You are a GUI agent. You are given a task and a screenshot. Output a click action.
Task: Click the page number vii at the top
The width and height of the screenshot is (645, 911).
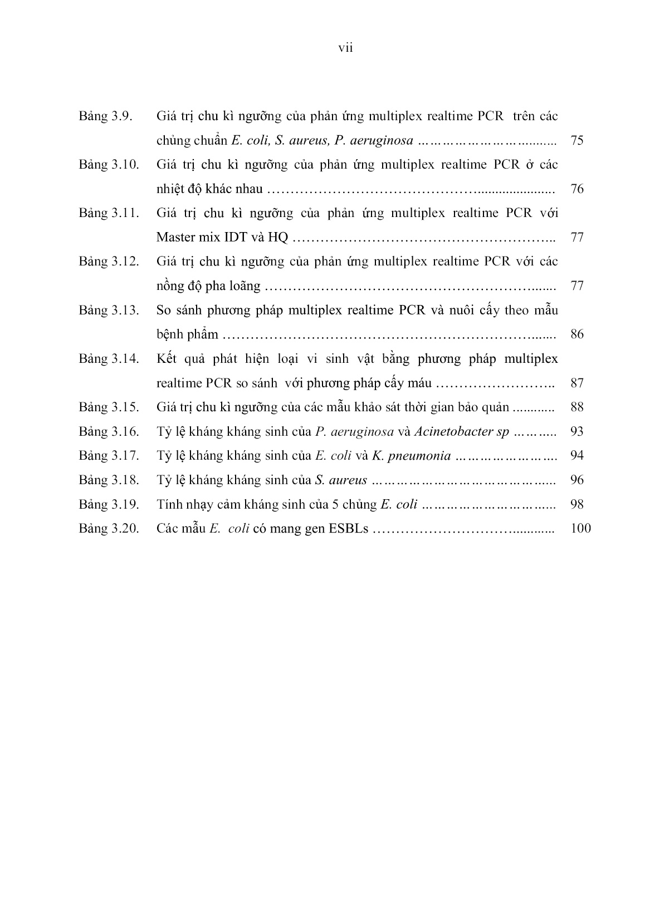[x=346, y=48]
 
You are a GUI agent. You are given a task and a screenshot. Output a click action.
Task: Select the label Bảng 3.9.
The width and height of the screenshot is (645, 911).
[x=104, y=116]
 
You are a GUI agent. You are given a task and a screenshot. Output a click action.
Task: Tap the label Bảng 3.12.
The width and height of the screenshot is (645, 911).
[x=109, y=261]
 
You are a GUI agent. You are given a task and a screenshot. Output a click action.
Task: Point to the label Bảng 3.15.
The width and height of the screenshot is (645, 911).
[x=109, y=407]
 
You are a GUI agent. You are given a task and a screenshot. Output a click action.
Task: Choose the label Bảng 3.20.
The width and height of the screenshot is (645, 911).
[x=109, y=528]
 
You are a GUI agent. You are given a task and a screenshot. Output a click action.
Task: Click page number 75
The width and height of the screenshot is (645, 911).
[x=577, y=140]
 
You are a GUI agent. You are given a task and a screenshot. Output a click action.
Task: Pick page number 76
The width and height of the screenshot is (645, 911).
[x=577, y=189]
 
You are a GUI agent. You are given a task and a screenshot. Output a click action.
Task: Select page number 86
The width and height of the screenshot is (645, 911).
[x=577, y=334]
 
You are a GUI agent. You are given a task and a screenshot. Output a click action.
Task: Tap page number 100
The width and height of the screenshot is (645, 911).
[x=581, y=528]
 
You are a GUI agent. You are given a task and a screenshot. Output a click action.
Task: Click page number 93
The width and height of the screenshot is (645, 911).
[x=577, y=431]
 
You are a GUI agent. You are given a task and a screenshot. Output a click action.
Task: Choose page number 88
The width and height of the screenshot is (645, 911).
[x=577, y=407]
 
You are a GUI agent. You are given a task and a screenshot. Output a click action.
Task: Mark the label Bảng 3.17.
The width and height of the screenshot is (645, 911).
[x=109, y=456]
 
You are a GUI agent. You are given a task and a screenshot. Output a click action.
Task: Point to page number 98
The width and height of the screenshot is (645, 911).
[x=577, y=504]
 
